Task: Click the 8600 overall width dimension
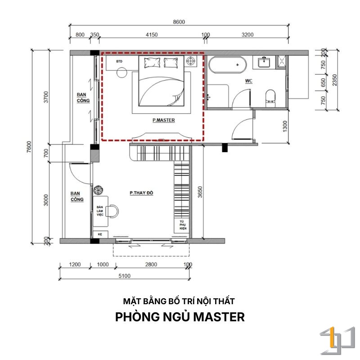coord(179,22)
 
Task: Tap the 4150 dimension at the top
coord(152,35)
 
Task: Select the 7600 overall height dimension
coord(29,147)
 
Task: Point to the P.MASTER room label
coord(164,120)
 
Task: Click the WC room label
coord(249,81)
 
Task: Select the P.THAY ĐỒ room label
coord(141,193)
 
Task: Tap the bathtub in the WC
coord(228,65)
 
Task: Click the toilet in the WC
coord(270,98)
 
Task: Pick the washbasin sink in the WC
coord(264,62)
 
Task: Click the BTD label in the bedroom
coord(119,62)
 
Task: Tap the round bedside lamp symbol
coord(190,61)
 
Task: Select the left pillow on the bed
coord(152,63)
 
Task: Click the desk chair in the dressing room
coord(113,211)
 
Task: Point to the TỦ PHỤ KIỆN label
coord(183,225)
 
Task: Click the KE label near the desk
coord(100,234)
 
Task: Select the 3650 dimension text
coord(200,192)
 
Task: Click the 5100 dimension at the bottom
coord(125,276)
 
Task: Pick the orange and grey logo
coord(337,341)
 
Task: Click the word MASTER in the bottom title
coord(219,317)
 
